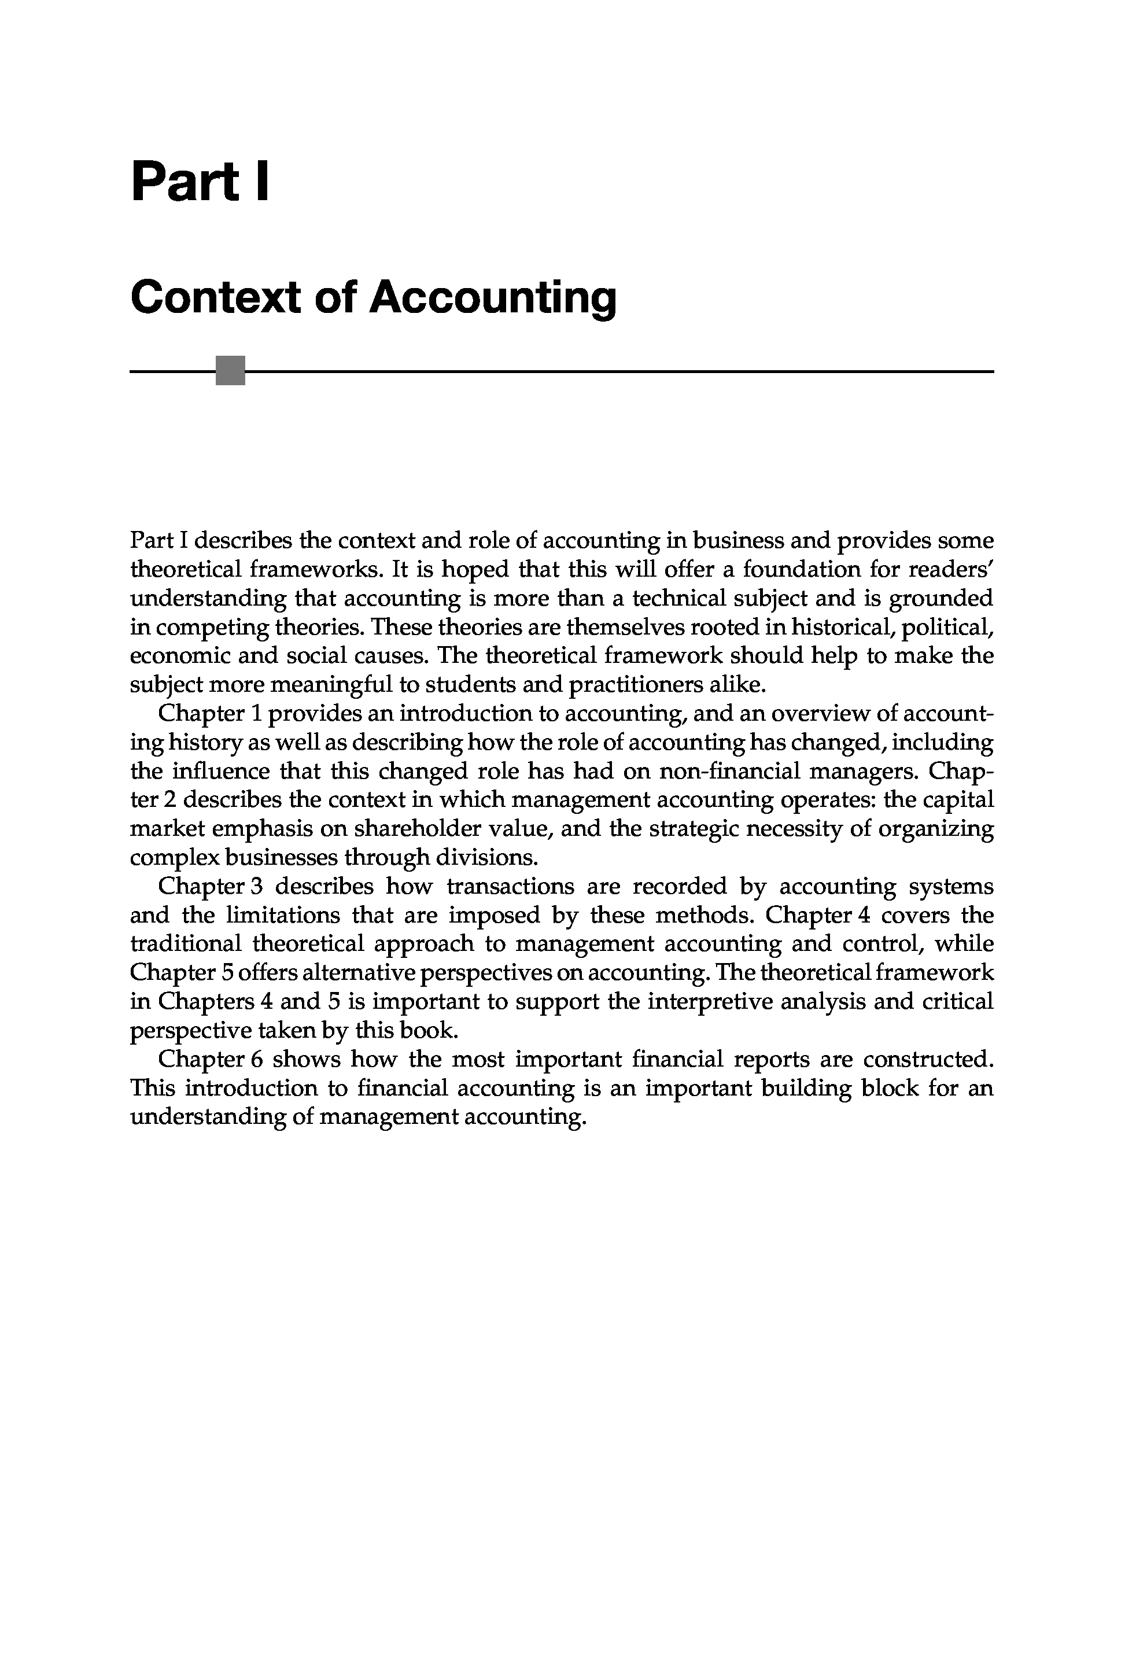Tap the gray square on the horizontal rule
(230, 371)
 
